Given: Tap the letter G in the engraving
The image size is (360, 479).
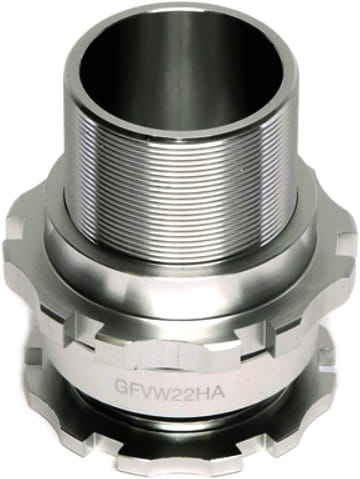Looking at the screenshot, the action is [121, 387].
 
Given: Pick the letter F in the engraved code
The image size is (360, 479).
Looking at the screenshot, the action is [134, 388].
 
